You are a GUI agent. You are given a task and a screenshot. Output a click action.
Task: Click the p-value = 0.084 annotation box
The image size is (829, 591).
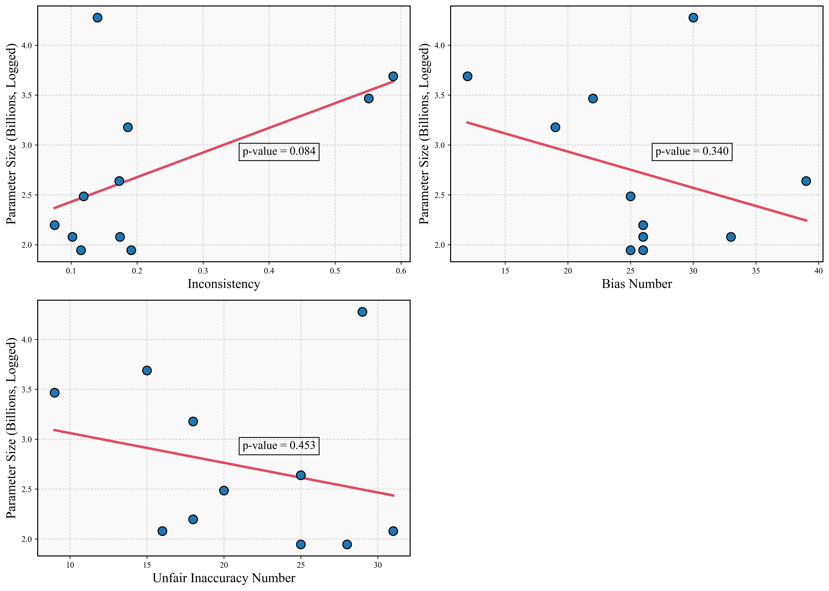(279, 151)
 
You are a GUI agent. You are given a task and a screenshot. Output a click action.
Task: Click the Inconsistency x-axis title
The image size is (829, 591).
(224, 284)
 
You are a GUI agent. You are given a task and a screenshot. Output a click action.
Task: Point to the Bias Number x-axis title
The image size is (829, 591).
(637, 284)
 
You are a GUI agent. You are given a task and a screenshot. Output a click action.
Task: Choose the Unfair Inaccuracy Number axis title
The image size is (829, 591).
(224, 578)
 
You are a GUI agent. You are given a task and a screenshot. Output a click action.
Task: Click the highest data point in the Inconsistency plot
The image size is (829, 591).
(97, 18)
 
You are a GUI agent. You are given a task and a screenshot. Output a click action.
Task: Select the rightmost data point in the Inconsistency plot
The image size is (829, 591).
(393, 76)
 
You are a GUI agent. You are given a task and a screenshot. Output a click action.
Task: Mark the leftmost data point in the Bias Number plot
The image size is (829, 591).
(468, 76)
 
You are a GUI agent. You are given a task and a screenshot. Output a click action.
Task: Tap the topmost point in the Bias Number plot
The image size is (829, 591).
(693, 18)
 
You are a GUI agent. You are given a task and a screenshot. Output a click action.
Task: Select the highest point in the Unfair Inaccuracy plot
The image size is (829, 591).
(362, 312)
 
